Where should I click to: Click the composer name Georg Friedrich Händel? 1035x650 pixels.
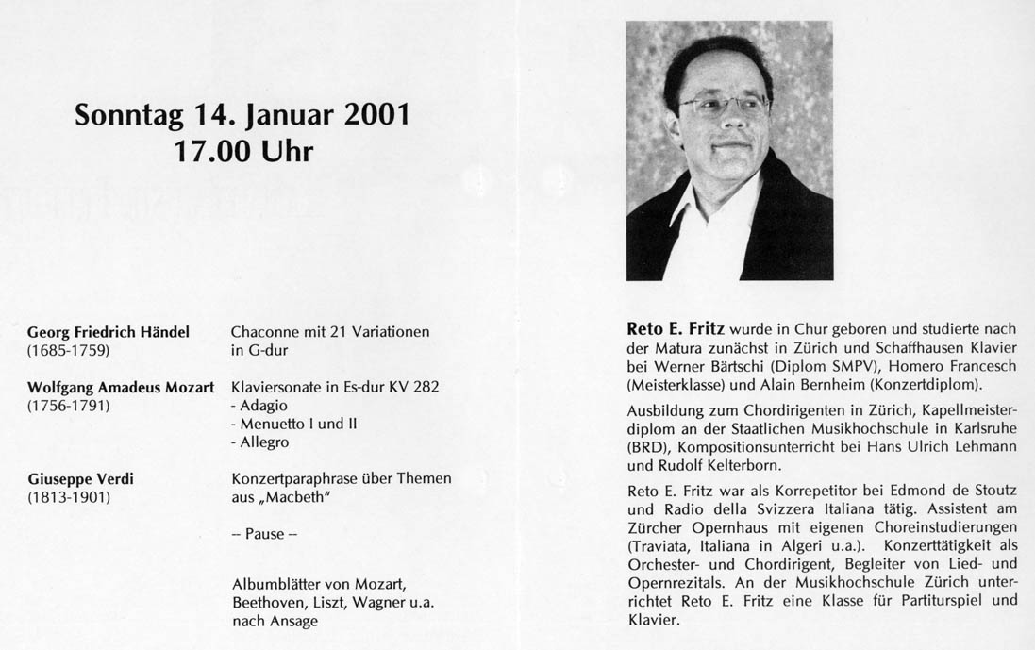[109, 332]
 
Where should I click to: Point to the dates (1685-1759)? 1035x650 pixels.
[69, 351]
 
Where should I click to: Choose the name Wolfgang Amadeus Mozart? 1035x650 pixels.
[121, 387]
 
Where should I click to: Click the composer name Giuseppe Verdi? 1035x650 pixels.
[80, 478]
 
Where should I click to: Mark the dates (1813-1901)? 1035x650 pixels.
[69, 497]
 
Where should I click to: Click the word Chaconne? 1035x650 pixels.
[264, 332]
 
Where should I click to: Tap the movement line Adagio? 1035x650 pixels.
[262, 405]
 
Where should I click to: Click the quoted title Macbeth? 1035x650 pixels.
[300, 497]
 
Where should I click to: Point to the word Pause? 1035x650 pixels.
[264, 534]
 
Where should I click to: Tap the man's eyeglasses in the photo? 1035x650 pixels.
[724, 106]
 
